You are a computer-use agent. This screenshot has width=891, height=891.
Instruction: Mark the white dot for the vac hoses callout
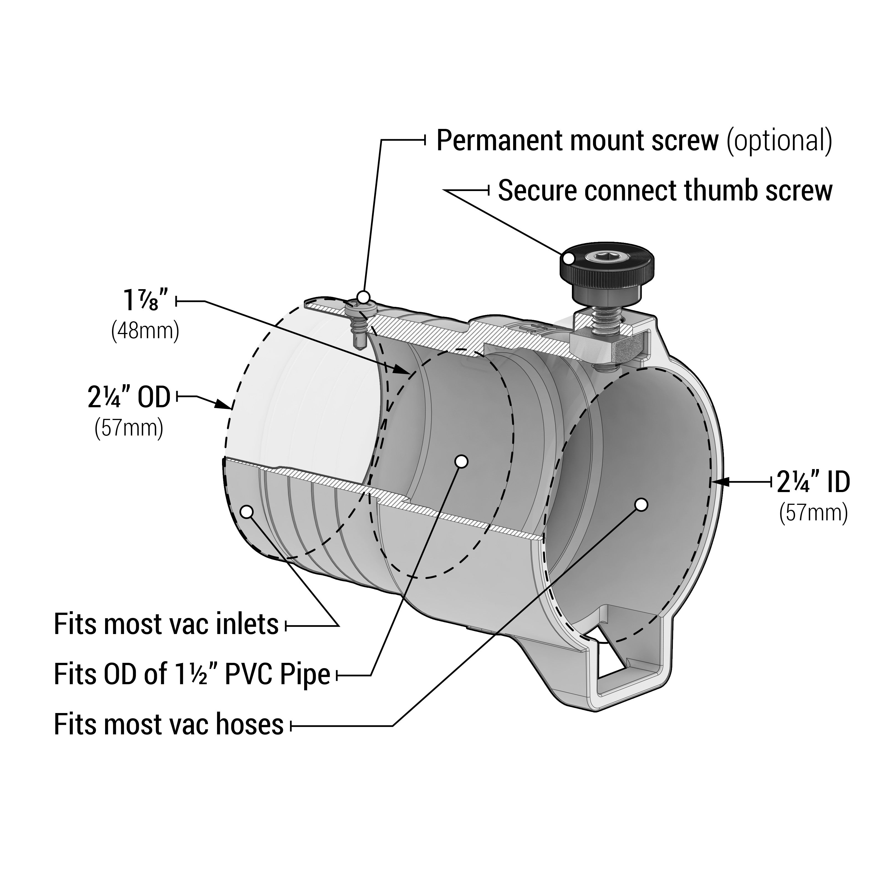coord(641,505)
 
